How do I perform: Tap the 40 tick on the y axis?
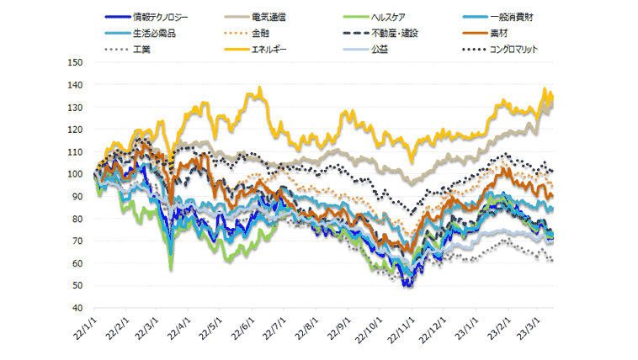tap(77, 308)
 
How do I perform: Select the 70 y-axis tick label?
tap(77, 241)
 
